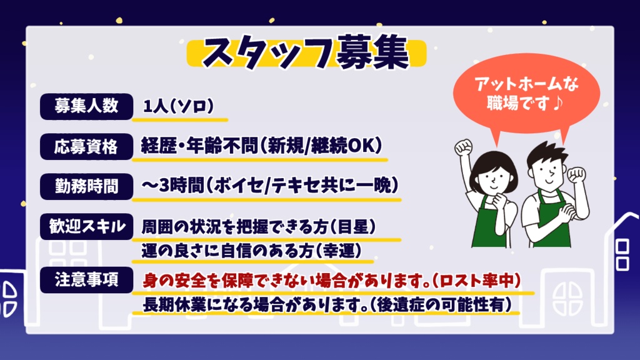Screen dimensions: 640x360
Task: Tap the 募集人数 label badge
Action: pos(86,106)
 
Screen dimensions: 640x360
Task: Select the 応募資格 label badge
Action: pos(86,146)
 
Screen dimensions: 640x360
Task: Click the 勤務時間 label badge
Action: pos(86,186)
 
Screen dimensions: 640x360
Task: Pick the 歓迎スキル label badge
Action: pos(86,226)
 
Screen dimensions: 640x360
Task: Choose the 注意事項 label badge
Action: pos(86,280)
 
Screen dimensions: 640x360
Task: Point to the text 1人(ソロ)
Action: pos(178,106)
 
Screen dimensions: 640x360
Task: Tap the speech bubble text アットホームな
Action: pos(526,84)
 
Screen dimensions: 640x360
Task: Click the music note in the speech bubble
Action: pos(557,103)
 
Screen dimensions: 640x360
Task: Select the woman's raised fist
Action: pos(463,147)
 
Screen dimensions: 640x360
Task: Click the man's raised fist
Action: pos(577,174)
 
